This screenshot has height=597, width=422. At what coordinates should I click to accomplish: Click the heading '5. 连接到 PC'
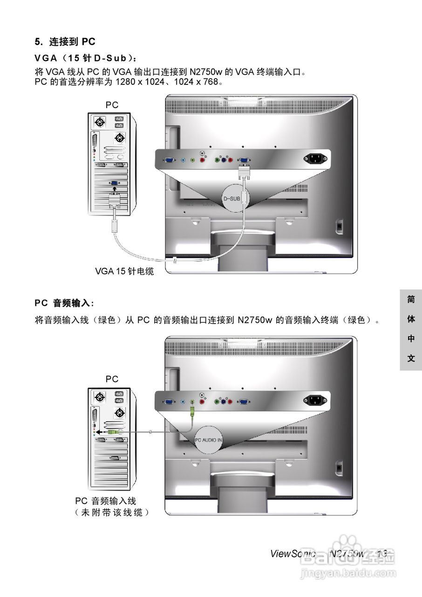tap(65, 42)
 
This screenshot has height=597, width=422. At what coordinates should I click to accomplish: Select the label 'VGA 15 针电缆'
tap(124, 271)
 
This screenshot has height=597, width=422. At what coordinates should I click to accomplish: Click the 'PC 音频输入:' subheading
tap(64, 303)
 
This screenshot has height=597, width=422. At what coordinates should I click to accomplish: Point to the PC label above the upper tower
tap(112, 105)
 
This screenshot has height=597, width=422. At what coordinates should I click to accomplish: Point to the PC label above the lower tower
tap(112, 379)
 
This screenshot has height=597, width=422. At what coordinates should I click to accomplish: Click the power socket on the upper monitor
tap(315, 159)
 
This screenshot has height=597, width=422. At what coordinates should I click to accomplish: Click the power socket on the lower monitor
tap(315, 400)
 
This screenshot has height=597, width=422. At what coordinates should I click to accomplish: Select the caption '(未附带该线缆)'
tap(112, 512)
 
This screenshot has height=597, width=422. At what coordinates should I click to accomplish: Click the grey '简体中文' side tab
tap(410, 330)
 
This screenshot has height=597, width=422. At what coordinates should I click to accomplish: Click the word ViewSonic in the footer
tap(293, 554)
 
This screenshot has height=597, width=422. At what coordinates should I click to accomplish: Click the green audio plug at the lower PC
tap(115, 432)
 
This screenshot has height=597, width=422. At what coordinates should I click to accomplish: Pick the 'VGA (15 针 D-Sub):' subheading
tap(86, 58)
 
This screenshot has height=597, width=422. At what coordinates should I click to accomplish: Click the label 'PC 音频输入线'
tap(106, 501)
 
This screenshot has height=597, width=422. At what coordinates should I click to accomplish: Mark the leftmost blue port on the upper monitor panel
tap(169, 160)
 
